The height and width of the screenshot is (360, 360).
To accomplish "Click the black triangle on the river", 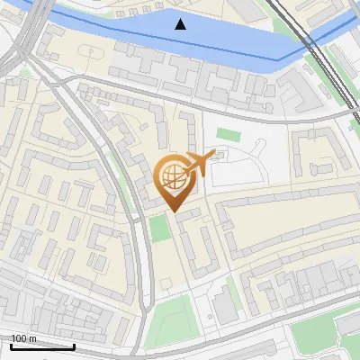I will [182, 24].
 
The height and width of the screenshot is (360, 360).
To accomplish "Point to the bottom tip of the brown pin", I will [173, 211].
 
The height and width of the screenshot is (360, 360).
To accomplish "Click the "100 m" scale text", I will [23, 338].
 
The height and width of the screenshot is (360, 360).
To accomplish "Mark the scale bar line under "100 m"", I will [42, 346].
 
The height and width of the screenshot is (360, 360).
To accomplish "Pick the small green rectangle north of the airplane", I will [229, 135].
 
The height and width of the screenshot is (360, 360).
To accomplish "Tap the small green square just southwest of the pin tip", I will [159, 229].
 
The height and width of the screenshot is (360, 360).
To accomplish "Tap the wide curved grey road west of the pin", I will [135, 216].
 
